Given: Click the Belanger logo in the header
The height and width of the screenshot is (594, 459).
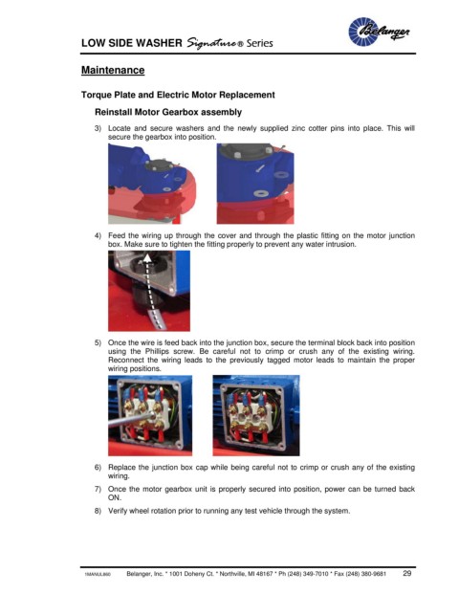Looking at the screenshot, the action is click(x=379, y=32).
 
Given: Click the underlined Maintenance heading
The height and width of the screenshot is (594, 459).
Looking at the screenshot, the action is click(x=113, y=70).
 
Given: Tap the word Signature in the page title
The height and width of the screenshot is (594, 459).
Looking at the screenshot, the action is click(x=212, y=43).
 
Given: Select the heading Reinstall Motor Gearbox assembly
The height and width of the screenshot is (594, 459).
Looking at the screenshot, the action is click(x=168, y=112).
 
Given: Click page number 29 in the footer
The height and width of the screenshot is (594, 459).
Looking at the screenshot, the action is click(x=407, y=573).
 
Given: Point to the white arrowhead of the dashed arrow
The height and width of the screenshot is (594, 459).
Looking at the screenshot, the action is click(x=147, y=257).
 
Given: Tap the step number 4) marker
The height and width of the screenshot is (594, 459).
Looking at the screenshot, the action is click(x=98, y=235).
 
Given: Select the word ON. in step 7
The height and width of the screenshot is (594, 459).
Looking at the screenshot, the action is click(x=115, y=497).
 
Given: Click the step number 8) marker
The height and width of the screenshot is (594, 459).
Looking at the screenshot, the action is click(x=98, y=511).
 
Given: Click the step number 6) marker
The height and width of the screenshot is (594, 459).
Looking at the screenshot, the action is click(x=98, y=468).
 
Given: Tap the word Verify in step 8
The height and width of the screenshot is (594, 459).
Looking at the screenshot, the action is click(x=118, y=511).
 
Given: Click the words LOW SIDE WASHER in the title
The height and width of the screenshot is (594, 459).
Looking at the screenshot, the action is click(x=131, y=43).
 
